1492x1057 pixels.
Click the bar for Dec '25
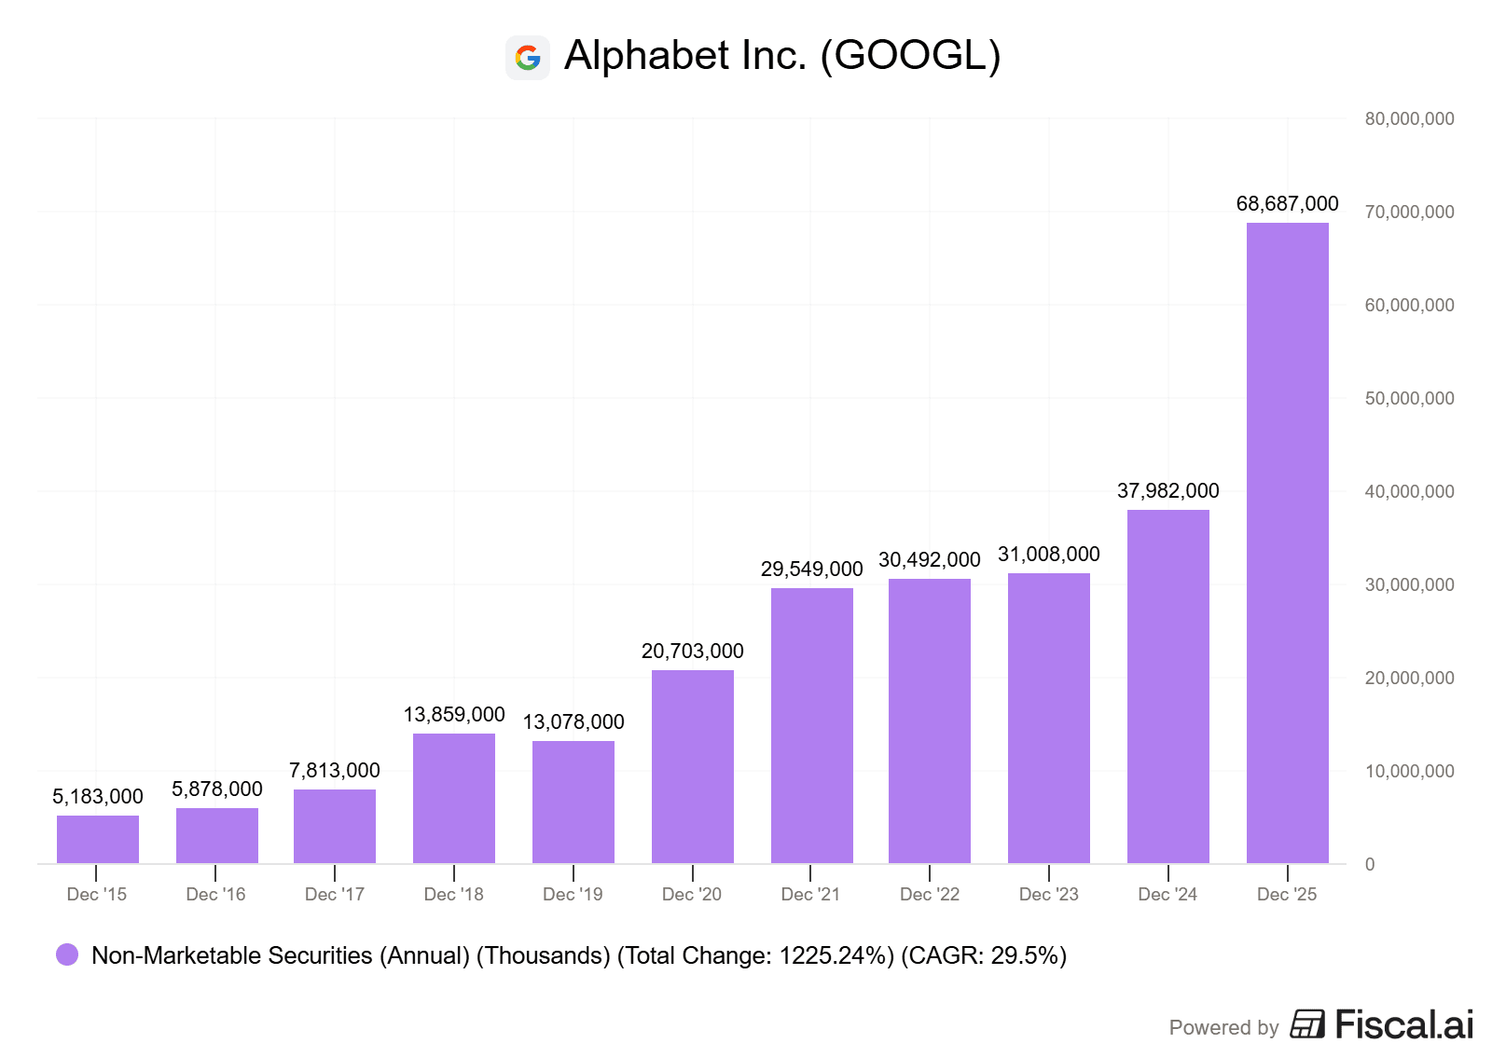click(1287, 542)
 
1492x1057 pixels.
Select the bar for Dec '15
click(98, 839)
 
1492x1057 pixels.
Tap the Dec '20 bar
click(693, 766)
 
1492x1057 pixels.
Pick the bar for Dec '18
click(454, 798)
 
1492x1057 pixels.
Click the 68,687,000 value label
click(1287, 203)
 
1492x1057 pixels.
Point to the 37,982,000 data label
click(1167, 490)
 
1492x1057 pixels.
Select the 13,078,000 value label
click(573, 721)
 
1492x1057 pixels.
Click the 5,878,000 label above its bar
click(217, 789)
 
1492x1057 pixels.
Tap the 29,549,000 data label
click(811, 569)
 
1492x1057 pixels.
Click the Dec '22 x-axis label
click(930, 894)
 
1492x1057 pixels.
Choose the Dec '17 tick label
click(335, 894)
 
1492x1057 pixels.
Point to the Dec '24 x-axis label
click(1167, 894)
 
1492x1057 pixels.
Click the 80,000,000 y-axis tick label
click(1409, 118)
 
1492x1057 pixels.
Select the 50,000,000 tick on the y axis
click(1409, 398)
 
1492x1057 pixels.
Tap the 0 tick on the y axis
click(1370, 864)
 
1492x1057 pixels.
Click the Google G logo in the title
click(528, 58)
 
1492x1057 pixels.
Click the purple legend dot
click(67, 954)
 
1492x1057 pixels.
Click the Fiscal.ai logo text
click(1403, 1024)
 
